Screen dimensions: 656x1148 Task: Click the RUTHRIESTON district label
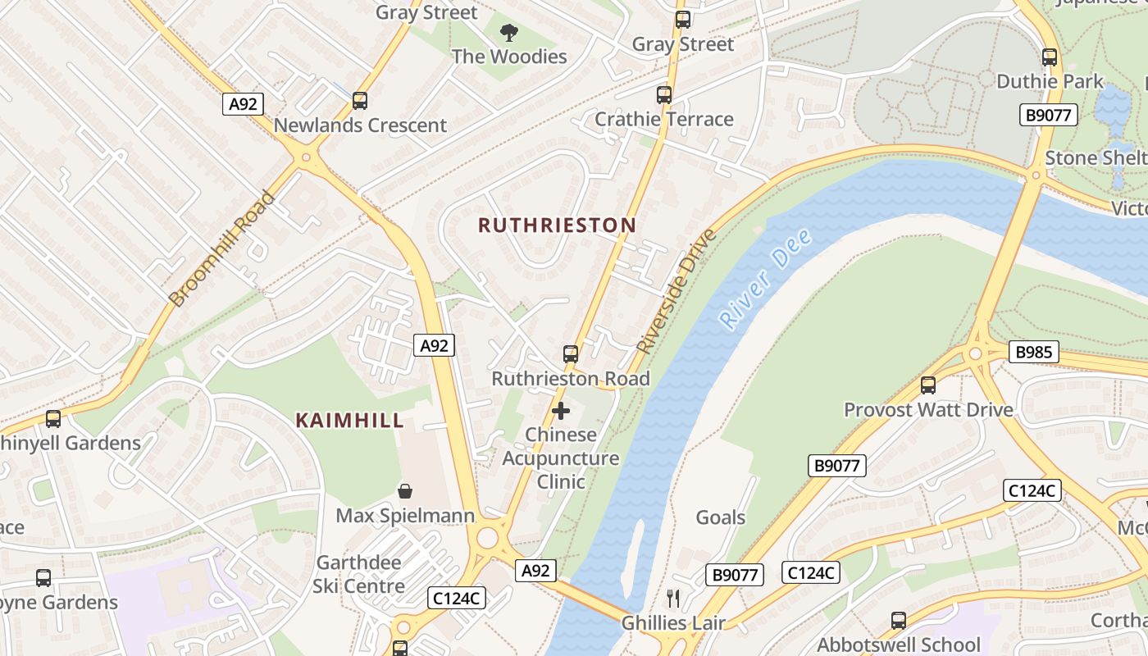point(557,225)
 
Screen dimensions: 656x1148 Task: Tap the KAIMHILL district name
point(350,421)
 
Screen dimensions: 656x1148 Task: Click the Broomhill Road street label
point(222,248)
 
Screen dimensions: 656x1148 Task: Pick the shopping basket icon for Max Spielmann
point(405,491)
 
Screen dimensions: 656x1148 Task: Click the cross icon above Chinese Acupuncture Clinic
point(561,410)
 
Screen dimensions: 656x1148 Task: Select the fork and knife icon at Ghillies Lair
point(673,598)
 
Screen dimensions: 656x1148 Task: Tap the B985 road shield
point(1032,353)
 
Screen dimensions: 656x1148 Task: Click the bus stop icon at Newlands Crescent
point(359,101)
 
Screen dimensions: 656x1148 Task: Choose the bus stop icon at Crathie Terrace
point(664,95)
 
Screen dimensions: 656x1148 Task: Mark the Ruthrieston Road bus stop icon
point(571,354)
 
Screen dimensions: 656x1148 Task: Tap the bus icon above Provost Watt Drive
point(928,385)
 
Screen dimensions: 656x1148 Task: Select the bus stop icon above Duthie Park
point(1050,57)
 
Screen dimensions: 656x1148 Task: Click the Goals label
point(721,517)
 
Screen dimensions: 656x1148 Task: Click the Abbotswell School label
point(899,645)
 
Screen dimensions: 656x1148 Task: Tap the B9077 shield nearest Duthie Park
point(1049,115)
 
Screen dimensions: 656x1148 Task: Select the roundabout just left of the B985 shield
point(976,354)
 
